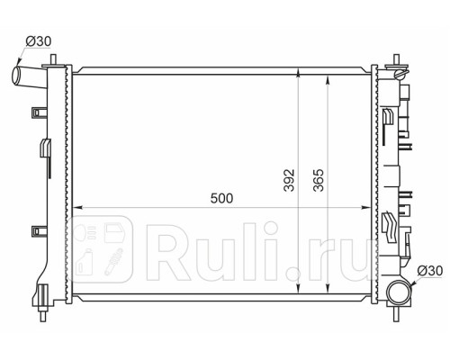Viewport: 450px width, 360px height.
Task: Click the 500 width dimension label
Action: [x=221, y=199]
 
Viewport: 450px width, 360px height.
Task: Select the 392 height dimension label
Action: [x=290, y=180]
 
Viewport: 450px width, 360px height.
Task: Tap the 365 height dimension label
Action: [x=319, y=180]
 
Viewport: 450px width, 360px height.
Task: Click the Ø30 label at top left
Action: [x=39, y=41]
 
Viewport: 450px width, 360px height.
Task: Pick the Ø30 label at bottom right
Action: [x=430, y=271]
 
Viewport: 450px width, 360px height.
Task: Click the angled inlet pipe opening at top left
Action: [x=16, y=76]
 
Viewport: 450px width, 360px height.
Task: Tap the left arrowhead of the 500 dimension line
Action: [x=78, y=207]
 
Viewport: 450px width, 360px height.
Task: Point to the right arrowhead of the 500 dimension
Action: [x=365, y=207]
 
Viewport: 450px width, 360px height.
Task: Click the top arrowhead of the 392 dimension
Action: [x=298, y=72]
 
